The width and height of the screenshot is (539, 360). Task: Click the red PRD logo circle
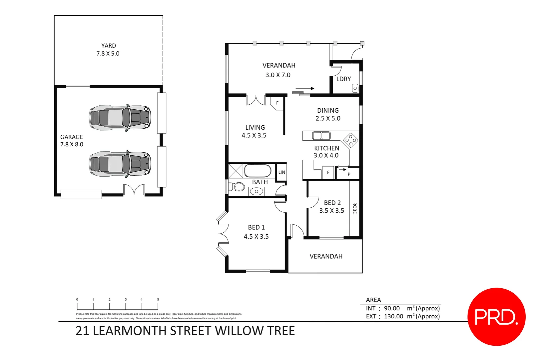496,317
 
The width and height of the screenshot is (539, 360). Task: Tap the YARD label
109,46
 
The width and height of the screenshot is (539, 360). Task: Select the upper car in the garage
120,118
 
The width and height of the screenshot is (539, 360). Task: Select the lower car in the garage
120,164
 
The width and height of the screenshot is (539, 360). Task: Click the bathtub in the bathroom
258,171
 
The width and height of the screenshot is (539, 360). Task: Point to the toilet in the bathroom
237,187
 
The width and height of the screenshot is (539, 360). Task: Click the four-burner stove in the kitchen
351,140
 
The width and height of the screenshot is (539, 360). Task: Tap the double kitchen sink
321,135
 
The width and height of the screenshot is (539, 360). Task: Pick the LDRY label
343,79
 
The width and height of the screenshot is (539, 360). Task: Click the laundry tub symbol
355,88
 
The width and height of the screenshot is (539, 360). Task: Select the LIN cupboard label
282,172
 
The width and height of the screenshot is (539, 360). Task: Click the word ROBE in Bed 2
355,208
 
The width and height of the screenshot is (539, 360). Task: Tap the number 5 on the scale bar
158,299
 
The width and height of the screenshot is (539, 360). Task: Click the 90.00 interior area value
392,308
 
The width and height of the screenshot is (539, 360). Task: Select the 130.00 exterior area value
393,316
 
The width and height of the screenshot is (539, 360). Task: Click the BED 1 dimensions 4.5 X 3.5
256,236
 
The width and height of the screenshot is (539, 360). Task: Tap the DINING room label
328,110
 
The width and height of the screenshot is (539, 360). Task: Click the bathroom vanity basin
257,191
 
